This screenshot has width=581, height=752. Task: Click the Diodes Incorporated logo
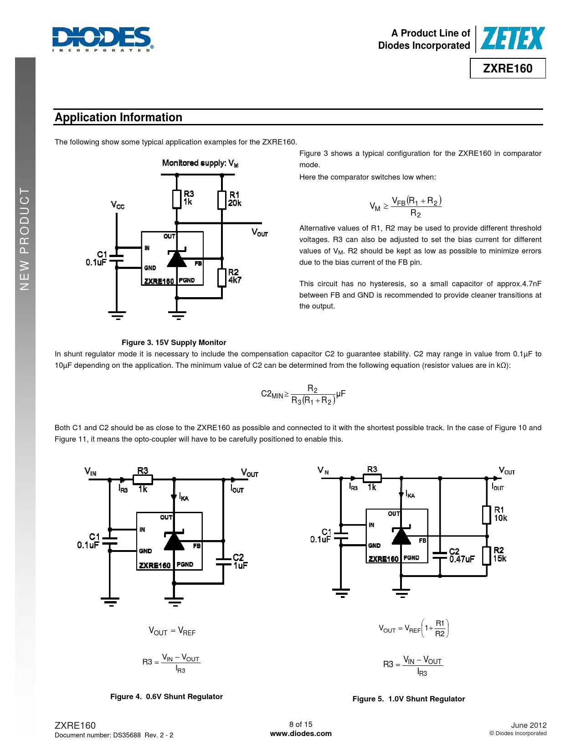tap(103, 38)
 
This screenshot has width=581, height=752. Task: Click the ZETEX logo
tap(512, 38)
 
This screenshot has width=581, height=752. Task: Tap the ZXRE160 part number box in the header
tap(508, 68)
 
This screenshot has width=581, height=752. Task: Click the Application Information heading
tap(118, 118)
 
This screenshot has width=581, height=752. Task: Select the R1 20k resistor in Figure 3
tap(222, 200)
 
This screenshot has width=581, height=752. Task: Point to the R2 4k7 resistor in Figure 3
tap(222, 277)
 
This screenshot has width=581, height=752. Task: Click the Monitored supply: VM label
tap(200, 163)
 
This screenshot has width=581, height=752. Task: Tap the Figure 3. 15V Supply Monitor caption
tap(174, 343)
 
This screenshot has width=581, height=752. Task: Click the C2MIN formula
tap(303, 395)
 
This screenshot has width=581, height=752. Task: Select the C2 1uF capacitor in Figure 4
tap(224, 561)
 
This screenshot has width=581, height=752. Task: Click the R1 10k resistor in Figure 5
tap(487, 515)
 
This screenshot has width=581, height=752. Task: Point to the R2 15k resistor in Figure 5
tap(487, 555)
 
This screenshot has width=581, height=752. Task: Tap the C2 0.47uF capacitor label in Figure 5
tap(461, 556)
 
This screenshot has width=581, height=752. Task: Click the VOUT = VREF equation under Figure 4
tap(172, 631)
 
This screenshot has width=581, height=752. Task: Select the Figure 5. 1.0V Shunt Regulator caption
tap(408, 699)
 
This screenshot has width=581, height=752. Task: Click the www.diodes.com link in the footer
tap(301, 734)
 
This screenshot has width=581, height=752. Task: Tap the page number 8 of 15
tap(301, 724)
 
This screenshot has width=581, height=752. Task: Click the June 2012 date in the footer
tap(529, 725)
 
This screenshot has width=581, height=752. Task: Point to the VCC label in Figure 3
tap(117, 205)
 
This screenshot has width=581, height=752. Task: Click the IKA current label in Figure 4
tap(184, 497)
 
